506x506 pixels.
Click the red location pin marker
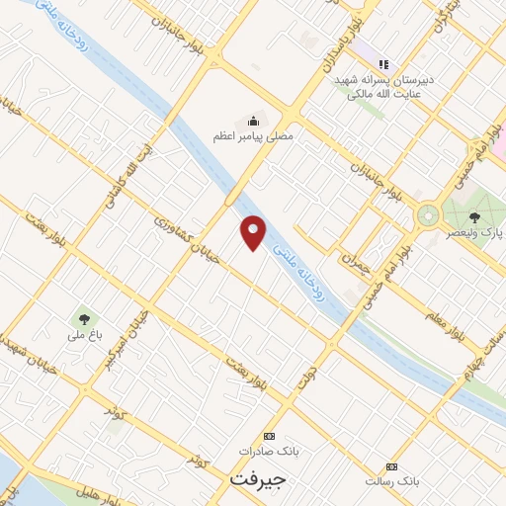pos(254,232)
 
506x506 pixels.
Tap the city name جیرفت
pos(257,479)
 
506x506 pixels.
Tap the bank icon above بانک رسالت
pos(392,465)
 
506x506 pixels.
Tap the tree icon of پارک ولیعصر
pos(474,216)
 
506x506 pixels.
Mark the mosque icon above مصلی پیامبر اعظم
pos(253,121)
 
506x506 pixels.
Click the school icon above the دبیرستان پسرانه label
pos(384,64)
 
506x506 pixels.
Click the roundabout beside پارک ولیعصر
pos(430,213)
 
